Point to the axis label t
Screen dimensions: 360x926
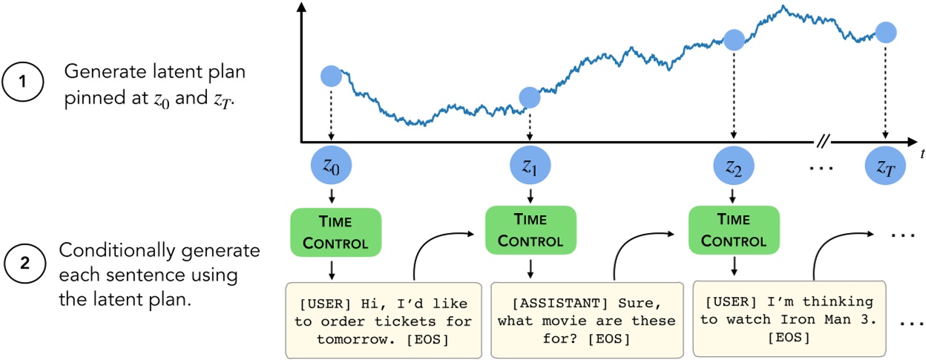click(921, 154)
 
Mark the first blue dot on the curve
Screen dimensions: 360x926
click(331, 75)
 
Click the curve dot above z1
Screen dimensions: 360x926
click(529, 97)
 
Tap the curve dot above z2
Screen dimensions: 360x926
click(733, 39)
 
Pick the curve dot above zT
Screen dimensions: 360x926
click(886, 32)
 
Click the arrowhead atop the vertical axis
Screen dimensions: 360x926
click(301, 9)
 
